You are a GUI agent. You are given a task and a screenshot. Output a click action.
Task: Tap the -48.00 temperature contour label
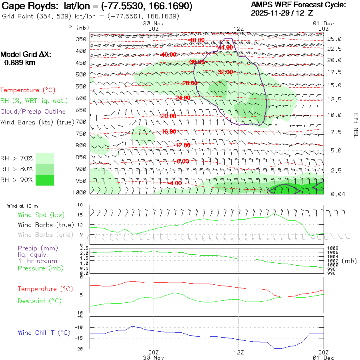click(197, 40)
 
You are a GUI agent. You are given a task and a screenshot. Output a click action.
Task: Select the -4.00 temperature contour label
click(174, 183)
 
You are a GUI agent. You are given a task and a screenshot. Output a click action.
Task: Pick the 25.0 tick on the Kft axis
click(334, 39)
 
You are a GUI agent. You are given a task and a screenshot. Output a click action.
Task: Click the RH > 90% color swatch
click(45, 180)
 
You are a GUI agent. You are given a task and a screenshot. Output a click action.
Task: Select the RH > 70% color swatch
click(45, 158)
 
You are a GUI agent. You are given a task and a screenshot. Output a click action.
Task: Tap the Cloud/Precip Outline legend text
click(33, 112)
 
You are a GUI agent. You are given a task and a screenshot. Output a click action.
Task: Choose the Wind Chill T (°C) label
click(44, 333)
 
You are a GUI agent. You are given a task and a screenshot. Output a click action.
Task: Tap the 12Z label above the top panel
click(238, 29)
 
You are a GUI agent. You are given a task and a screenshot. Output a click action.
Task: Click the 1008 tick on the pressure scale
click(333, 248)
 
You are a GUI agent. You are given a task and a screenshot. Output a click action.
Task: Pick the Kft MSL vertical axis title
click(355, 125)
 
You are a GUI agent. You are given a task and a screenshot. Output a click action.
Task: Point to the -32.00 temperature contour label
click(225, 72)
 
